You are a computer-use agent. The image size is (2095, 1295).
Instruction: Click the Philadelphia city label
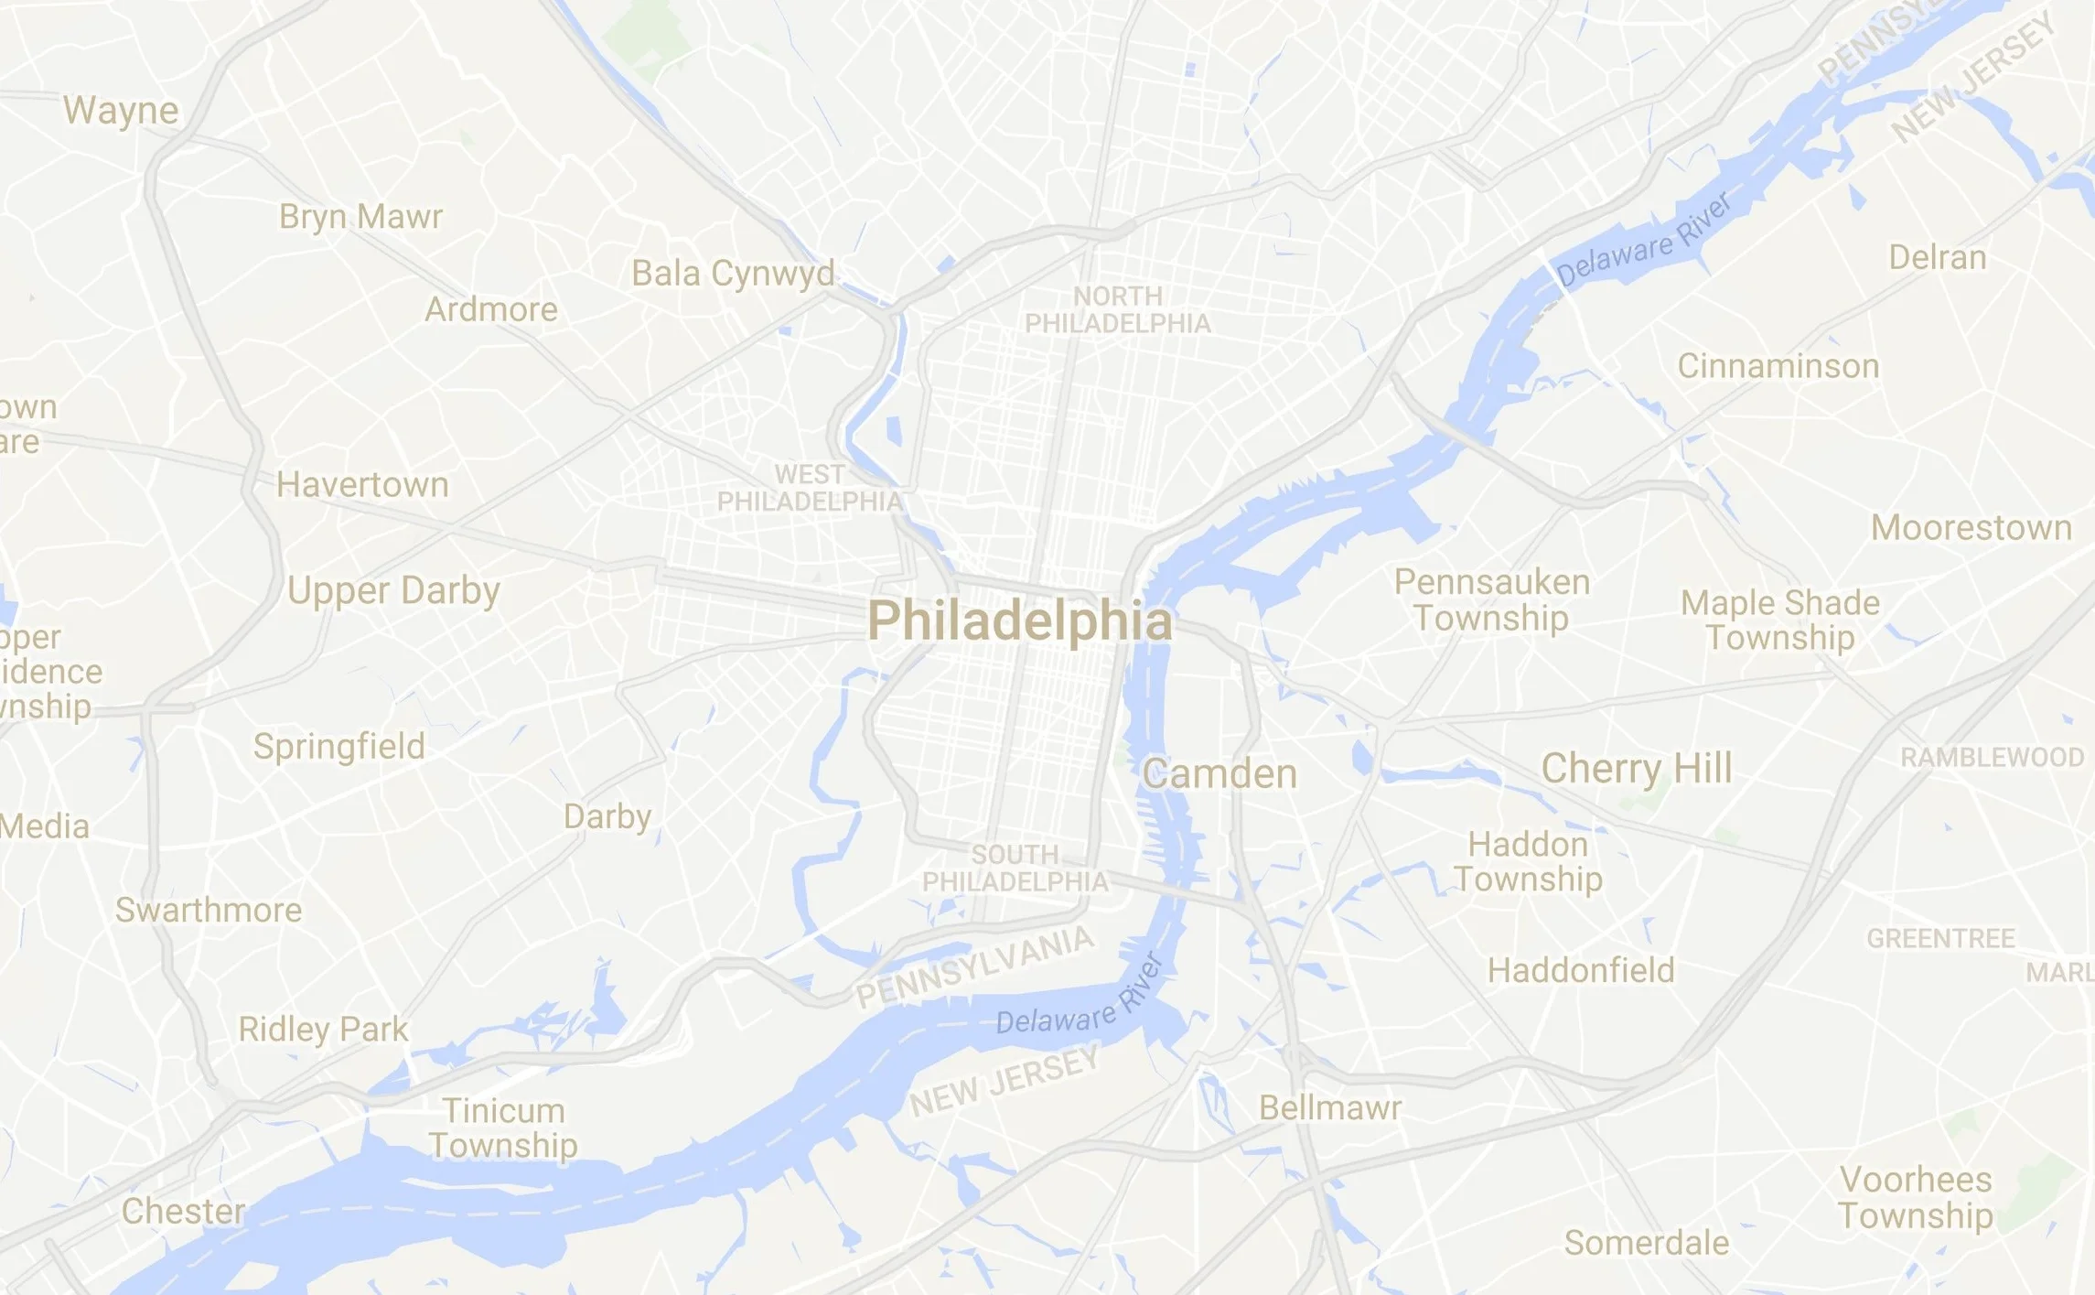[x=1019, y=622]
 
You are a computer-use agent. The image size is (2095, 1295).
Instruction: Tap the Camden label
[x=1219, y=774]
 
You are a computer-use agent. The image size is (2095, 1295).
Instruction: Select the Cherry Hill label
[x=1637, y=768]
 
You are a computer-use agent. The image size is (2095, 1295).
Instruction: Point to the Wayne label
[x=121, y=111]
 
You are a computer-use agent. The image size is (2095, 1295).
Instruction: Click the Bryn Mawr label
[x=360, y=217]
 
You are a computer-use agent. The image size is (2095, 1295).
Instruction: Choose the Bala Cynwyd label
[x=733, y=274]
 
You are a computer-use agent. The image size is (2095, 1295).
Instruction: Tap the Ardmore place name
[x=491, y=309]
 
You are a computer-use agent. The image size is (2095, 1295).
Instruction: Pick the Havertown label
[x=362, y=485]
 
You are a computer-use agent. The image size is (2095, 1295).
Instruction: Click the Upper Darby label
[x=393, y=591]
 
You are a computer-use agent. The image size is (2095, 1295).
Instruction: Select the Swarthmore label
[x=209, y=910]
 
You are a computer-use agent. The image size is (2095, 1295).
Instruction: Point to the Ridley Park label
[x=323, y=1029]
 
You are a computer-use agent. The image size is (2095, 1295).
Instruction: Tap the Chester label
[x=183, y=1211]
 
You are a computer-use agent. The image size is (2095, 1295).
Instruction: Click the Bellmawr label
[x=1330, y=1107]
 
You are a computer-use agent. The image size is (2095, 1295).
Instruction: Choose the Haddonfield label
[x=1581, y=970]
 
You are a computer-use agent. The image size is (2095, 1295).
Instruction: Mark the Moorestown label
[x=1971, y=528]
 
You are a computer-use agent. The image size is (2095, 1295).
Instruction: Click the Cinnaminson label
[x=1778, y=366]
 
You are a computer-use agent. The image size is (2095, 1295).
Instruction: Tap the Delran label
[x=1938, y=257]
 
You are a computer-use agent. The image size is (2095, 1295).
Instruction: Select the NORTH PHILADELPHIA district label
[x=1117, y=310]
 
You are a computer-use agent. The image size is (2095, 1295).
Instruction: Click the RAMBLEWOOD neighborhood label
[x=1992, y=757]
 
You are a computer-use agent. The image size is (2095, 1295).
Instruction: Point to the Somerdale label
[x=1647, y=1243]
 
